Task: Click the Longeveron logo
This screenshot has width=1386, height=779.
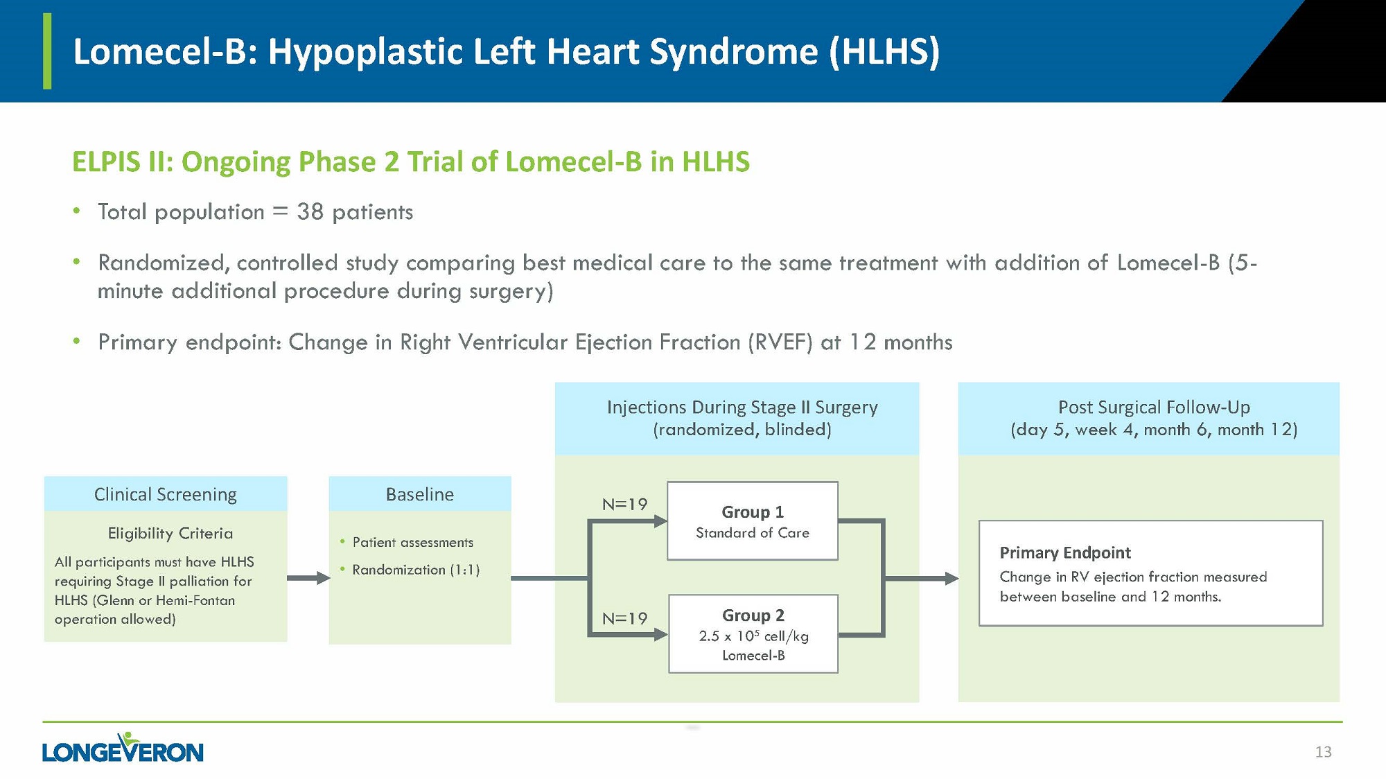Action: click(123, 749)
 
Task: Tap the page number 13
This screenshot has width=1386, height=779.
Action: click(1323, 752)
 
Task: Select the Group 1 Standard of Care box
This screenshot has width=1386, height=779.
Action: click(752, 521)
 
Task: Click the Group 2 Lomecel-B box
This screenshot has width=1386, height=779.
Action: click(753, 634)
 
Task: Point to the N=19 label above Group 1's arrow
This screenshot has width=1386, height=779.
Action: click(624, 505)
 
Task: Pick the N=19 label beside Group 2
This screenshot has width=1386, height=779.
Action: click(624, 618)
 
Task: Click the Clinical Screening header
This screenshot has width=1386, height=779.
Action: click(166, 494)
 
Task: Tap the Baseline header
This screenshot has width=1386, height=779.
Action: click(420, 494)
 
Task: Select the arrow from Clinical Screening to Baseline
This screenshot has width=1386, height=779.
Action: click(308, 577)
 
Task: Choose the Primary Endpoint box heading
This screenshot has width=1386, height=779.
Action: click(1064, 552)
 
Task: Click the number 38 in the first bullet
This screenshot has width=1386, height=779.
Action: click(310, 211)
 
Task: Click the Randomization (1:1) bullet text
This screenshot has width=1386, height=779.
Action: click(416, 570)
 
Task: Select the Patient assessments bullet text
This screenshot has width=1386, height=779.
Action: click(412, 542)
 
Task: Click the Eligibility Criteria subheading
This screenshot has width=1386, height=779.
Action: click(170, 533)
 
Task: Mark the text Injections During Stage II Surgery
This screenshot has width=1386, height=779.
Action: click(742, 407)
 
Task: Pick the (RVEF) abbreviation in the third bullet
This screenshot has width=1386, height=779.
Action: click(780, 342)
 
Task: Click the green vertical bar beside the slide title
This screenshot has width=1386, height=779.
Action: click(47, 51)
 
